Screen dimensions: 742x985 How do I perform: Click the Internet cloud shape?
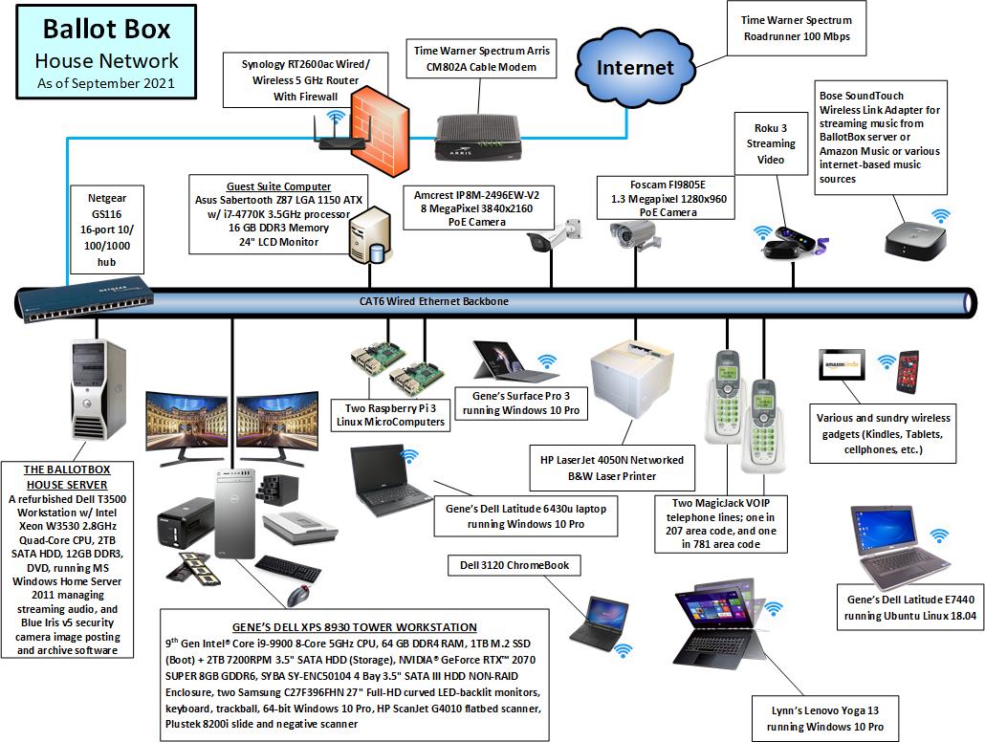coord(635,68)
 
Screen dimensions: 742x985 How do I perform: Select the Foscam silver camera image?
coord(632,233)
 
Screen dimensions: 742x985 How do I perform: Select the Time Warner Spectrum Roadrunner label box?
coord(797,28)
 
